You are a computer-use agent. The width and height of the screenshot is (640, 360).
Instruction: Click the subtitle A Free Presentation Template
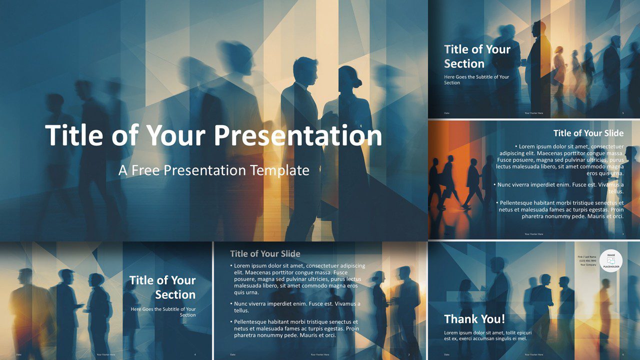[214, 170]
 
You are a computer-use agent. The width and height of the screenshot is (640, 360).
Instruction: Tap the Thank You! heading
[474, 319]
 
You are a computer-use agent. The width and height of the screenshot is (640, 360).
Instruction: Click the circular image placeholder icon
[611, 261]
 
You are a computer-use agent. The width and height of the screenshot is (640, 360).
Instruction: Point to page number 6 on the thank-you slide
[622, 354]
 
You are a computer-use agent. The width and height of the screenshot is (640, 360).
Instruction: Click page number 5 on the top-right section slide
[622, 113]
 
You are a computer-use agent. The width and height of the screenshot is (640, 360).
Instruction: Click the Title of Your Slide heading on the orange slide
[588, 133]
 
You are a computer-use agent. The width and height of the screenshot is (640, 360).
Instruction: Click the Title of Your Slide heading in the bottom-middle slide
[265, 253]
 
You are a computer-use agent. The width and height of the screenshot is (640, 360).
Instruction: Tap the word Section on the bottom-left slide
[175, 294]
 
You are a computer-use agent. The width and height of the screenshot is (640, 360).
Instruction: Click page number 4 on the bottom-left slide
[195, 354]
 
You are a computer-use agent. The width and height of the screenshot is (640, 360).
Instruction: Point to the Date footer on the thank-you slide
[446, 354]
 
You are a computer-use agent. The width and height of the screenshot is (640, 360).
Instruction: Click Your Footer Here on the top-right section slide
[533, 113]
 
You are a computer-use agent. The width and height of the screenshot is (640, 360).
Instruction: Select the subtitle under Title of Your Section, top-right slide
[476, 79]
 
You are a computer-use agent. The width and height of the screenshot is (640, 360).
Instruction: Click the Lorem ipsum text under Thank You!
[487, 335]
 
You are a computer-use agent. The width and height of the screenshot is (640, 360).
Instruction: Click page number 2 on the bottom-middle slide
[409, 354]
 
